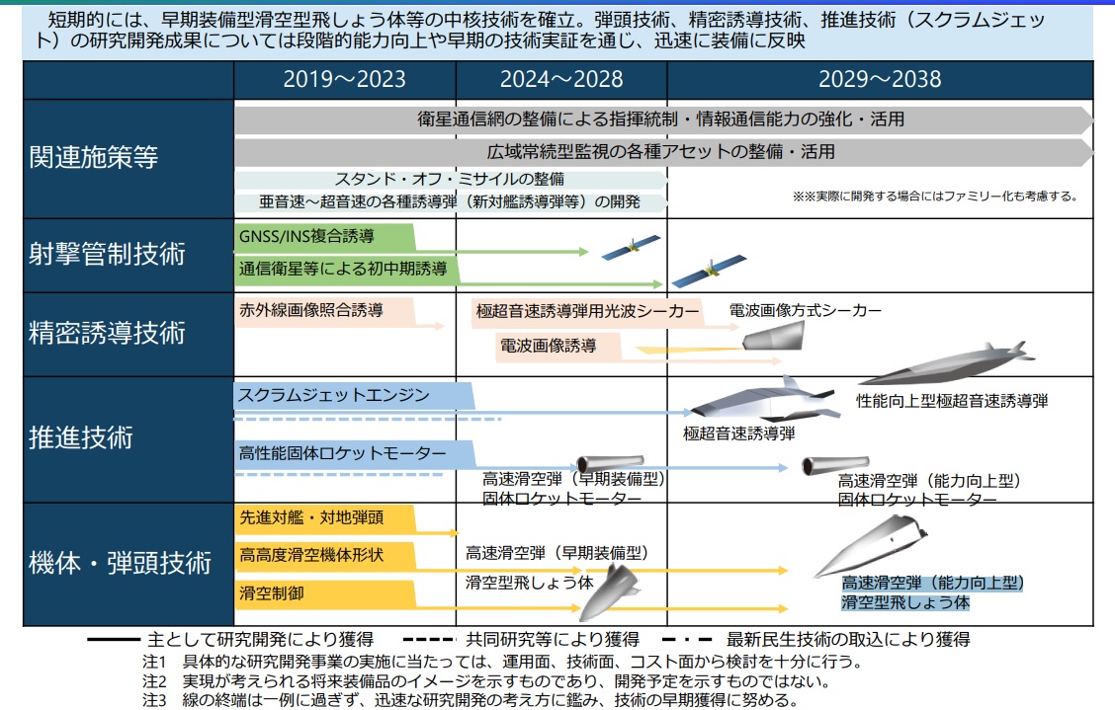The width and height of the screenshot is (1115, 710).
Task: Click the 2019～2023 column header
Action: tap(344, 80)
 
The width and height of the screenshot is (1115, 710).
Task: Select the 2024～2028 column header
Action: tap(560, 80)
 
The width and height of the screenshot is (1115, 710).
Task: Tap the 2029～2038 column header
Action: tap(880, 80)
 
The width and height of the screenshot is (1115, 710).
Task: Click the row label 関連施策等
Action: tap(94, 158)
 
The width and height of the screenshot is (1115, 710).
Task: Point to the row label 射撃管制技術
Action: tap(108, 254)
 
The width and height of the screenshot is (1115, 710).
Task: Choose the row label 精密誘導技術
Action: tap(108, 332)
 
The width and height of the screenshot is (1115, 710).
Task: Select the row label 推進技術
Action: tap(81, 436)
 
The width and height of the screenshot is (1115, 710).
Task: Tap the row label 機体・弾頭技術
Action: tap(121, 563)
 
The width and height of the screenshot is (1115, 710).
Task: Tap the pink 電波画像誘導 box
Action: tap(558, 346)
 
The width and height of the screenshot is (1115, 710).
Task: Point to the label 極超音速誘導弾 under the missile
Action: tap(738, 433)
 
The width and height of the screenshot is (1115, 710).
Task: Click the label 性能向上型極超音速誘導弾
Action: tap(951, 401)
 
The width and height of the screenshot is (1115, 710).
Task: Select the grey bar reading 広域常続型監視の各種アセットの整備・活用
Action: tap(662, 152)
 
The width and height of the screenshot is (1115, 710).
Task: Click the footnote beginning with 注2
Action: tap(484, 681)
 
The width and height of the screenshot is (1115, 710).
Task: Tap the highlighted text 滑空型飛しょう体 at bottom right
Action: tap(905, 601)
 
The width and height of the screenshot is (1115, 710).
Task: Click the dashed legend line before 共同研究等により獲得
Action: tap(428, 640)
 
